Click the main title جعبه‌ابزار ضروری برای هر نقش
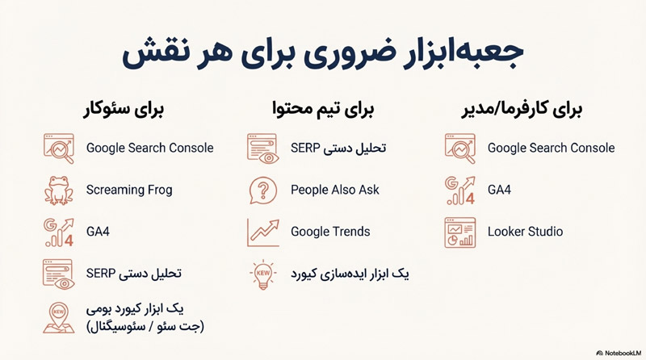(x=323, y=54)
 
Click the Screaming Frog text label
(x=129, y=190)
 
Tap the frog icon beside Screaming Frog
(x=59, y=190)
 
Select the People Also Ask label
(x=335, y=190)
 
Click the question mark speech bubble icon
(x=262, y=190)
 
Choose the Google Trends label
(x=330, y=232)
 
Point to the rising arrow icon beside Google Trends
(x=262, y=232)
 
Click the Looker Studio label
(x=525, y=232)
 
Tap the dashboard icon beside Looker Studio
(x=460, y=232)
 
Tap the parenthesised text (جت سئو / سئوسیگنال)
(x=145, y=325)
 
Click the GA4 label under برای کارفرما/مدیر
(x=499, y=190)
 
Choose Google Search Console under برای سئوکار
(x=150, y=148)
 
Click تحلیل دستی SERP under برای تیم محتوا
(x=338, y=149)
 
